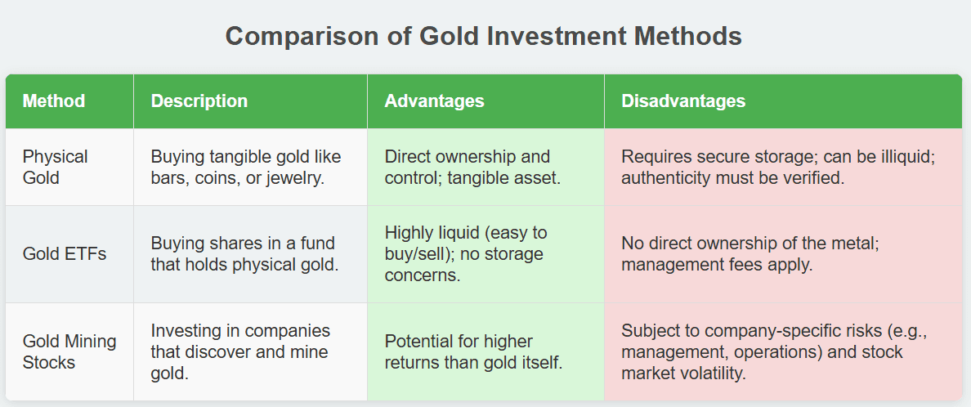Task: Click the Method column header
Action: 54,101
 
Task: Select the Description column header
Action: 199,101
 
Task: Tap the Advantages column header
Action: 434,101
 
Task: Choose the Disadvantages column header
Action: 683,101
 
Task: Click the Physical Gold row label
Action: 55,168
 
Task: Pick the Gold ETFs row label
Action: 65,254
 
